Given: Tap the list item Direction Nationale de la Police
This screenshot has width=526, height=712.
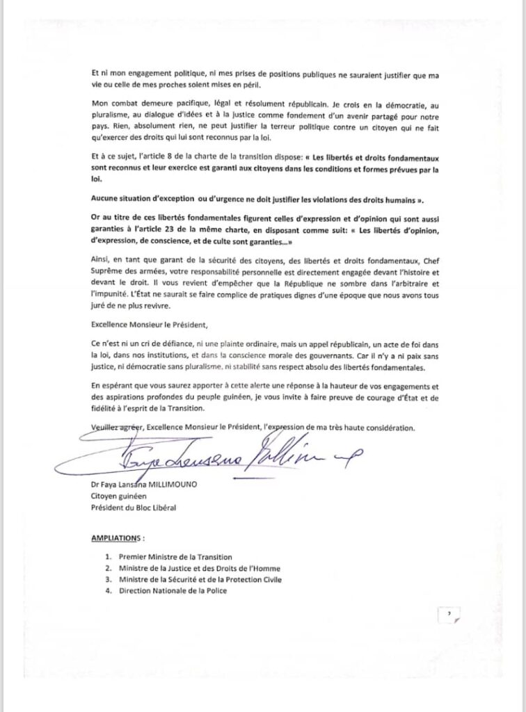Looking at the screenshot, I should pos(173,591).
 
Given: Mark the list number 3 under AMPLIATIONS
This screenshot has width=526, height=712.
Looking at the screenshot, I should pos(108,580).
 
